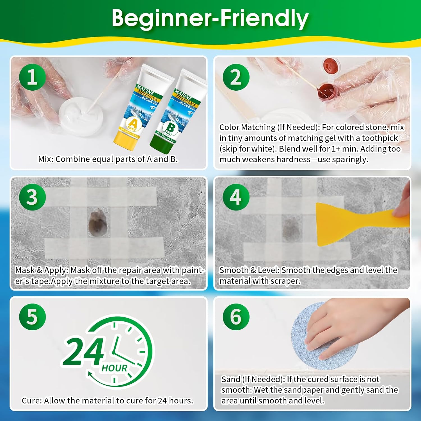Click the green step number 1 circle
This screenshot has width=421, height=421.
click(x=33, y=77)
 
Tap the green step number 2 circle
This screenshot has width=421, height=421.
click(x=236, y=77)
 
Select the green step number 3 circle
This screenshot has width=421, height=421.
click(x=33, y=197)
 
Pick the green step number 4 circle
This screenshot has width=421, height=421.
click(x=236, y=197)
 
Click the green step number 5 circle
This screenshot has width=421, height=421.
click(x=33, y=317)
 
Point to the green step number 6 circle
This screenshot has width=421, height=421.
click(x=236, y=317)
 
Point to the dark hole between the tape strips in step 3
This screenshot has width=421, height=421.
click(x=97, y=224)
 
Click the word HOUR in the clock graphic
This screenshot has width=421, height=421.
click(x=115, y=368)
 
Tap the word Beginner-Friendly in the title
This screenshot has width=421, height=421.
click(x=210, y=18)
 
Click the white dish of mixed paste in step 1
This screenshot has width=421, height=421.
click(x=81, y=116)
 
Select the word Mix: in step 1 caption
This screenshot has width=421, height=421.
click(x=46, y=159)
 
